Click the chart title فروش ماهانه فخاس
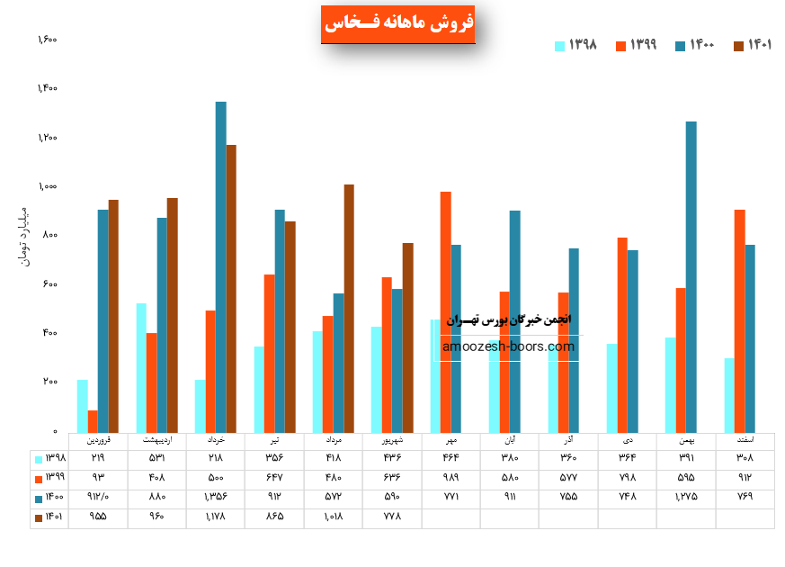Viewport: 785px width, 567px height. (x=397, y=24)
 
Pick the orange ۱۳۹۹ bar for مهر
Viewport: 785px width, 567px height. (x=445, y=311)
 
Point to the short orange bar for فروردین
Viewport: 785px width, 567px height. (x=93, y=420)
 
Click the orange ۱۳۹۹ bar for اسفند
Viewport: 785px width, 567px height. (x=739, y=320)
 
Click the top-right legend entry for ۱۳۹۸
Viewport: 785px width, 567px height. (x=576, y=45)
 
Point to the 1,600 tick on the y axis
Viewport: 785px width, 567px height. (x=47, y=40)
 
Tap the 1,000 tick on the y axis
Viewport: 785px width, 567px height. (x=47, y=186)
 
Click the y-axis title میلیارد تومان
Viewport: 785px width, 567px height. (x=24, y=236)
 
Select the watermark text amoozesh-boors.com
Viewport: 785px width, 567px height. (x=508, y=346)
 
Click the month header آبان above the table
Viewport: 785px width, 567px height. (x=510, y=441)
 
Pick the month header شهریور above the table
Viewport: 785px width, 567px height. (x=392, y=441)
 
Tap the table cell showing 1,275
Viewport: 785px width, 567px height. (x=686, y=497)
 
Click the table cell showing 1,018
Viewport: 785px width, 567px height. (x=333, y=517)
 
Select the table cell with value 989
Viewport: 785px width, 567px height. (x=450, y=477)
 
